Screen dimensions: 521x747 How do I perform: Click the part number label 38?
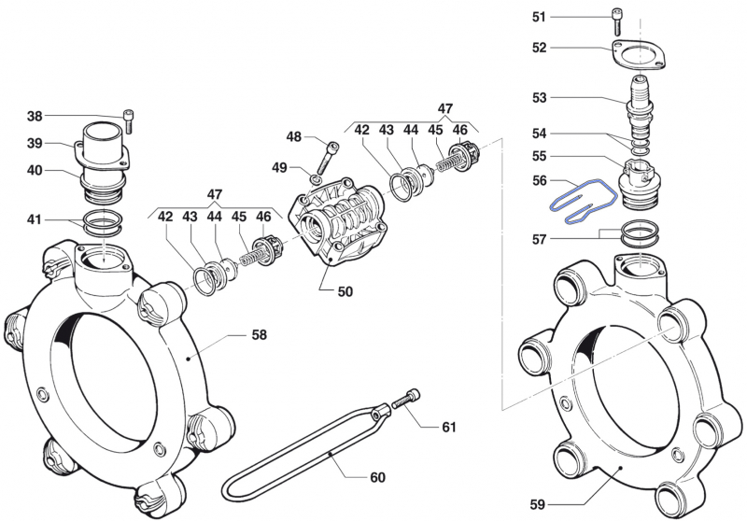tap(35, 117)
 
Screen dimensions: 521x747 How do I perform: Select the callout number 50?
tap(345, 291)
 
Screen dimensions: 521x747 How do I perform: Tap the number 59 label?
tap(536, 504)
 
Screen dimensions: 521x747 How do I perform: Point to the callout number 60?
tap(377, 477)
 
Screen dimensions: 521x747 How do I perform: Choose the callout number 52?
tap(540, 47)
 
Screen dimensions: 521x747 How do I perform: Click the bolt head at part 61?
tap(408, 401)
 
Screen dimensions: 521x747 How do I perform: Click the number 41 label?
tap(35, 220)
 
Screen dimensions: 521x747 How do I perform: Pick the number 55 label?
tap(540, 156)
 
